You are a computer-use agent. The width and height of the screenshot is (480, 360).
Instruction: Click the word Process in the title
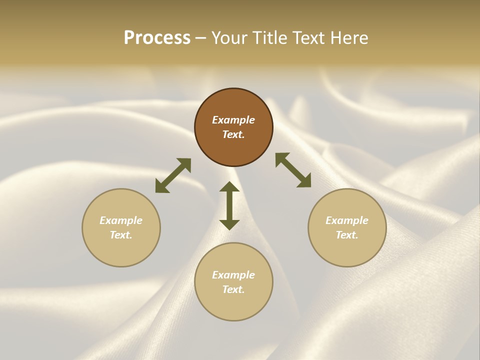157,38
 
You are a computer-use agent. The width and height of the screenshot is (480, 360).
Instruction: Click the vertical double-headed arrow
229,205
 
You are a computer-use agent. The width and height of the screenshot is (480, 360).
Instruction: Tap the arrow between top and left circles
173,175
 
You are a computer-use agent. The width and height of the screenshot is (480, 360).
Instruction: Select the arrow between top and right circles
293,170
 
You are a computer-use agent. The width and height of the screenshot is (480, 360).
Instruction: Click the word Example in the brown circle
233,120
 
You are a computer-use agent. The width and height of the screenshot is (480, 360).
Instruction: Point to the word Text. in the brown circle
233,134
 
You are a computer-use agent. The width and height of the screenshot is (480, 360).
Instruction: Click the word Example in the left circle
121,220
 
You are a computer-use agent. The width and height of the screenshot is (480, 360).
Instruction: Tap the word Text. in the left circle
121,235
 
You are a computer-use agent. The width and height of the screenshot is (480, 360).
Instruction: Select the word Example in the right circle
347,220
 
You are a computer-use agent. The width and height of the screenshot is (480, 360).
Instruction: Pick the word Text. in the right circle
347,235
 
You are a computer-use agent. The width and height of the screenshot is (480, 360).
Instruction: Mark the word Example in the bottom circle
233,275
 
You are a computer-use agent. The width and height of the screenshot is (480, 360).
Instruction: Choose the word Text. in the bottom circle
233,289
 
